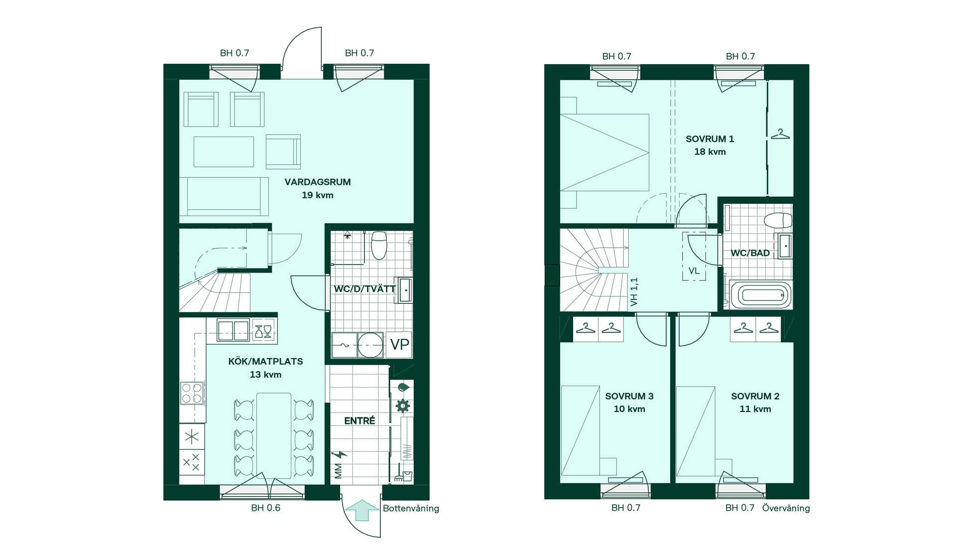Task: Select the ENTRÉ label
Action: click(x=359, y=420)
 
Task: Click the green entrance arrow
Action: click(x=362, y=510)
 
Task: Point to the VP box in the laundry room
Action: click(x=399, y=344)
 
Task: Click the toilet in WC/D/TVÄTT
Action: click(x=379, y=245)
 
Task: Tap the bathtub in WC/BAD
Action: click(x=760, y=295)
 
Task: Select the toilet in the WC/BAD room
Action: click(x=778, y=220)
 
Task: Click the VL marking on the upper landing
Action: click(x=694, y=271)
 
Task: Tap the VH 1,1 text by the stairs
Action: click(x=634, y=292)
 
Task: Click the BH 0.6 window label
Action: click(x=265, y=508)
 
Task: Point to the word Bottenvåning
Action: click(x=411, y=508)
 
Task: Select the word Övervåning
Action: click(x=786, y=508)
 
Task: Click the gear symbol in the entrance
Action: click(x=402, y=405)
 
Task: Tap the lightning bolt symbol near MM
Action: click(x=340, y=454)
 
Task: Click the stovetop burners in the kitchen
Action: click(x=192, y=393)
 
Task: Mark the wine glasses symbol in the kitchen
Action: click(x=263, y=331)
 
